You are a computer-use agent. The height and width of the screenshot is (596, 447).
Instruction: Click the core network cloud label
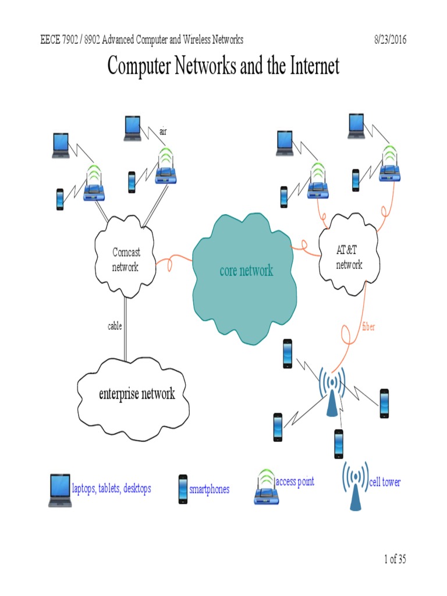pos(246,271)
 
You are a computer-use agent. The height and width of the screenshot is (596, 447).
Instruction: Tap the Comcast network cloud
pos(125,260)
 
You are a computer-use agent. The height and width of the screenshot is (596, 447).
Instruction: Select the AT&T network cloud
pos(349,257)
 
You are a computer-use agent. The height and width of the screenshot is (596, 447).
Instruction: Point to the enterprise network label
pos(137,394)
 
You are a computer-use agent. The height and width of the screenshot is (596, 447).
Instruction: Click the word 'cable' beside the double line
pos(115,327)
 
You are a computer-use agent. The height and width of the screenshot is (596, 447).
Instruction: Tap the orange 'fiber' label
pos(368,327)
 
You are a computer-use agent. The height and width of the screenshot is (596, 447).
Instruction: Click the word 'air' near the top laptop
pos(163,132)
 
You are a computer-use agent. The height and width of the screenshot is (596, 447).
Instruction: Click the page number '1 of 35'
pos(395,559)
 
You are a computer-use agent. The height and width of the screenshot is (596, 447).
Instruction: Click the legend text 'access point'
pos(295,481)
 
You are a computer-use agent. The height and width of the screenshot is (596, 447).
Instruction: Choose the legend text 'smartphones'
pos(209,489)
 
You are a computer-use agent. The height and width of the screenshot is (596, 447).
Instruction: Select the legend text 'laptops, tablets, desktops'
pos(111,488)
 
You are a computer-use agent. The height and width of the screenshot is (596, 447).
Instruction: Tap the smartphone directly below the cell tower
pos(338,444)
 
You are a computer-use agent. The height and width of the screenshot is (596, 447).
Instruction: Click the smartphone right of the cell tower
pos(384,403)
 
